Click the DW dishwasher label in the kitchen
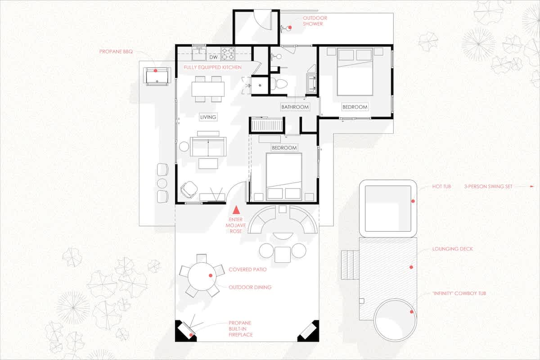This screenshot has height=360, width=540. tap(213, 57)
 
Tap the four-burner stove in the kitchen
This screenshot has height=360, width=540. tap(228, 53)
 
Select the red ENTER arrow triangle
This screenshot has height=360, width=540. tap(236, 210)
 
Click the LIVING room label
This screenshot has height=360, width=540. tap(208, 117)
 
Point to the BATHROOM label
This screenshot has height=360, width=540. tap(295, 107)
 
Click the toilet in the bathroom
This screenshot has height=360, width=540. tap(279, 84)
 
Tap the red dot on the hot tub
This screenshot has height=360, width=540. tap(413, 201)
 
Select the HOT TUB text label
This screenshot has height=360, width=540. tap(441, 186)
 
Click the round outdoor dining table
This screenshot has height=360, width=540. tap(202, 276)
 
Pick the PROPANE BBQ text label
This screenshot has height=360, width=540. tap(116, 52)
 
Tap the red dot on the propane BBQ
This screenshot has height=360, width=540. tap(156, 71)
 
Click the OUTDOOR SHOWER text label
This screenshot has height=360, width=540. tap(315, 21)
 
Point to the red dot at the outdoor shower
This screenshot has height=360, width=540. tap(290, 27)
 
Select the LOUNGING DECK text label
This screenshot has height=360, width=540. tap(453, 249)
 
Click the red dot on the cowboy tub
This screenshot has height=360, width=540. tap(411, 312)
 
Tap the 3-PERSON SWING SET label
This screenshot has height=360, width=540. tap(488, 186)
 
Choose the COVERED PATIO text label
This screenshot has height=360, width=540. tap(247, 270)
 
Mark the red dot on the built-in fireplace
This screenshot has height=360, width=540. tap(191, 335)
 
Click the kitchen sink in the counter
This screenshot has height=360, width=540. tap(199, 54)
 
